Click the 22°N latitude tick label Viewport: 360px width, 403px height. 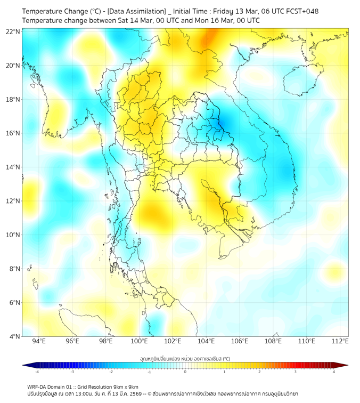13,31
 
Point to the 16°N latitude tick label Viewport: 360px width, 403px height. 13,133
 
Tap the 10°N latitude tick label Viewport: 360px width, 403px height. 13,235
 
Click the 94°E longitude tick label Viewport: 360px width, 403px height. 39,341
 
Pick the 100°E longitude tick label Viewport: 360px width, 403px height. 140,341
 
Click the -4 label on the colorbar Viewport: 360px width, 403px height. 37,372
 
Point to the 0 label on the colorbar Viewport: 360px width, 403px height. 185,372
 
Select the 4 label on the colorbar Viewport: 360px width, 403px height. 333,372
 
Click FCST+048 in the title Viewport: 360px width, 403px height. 301,11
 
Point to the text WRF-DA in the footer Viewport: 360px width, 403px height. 38,386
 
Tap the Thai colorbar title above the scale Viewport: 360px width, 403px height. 185,358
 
